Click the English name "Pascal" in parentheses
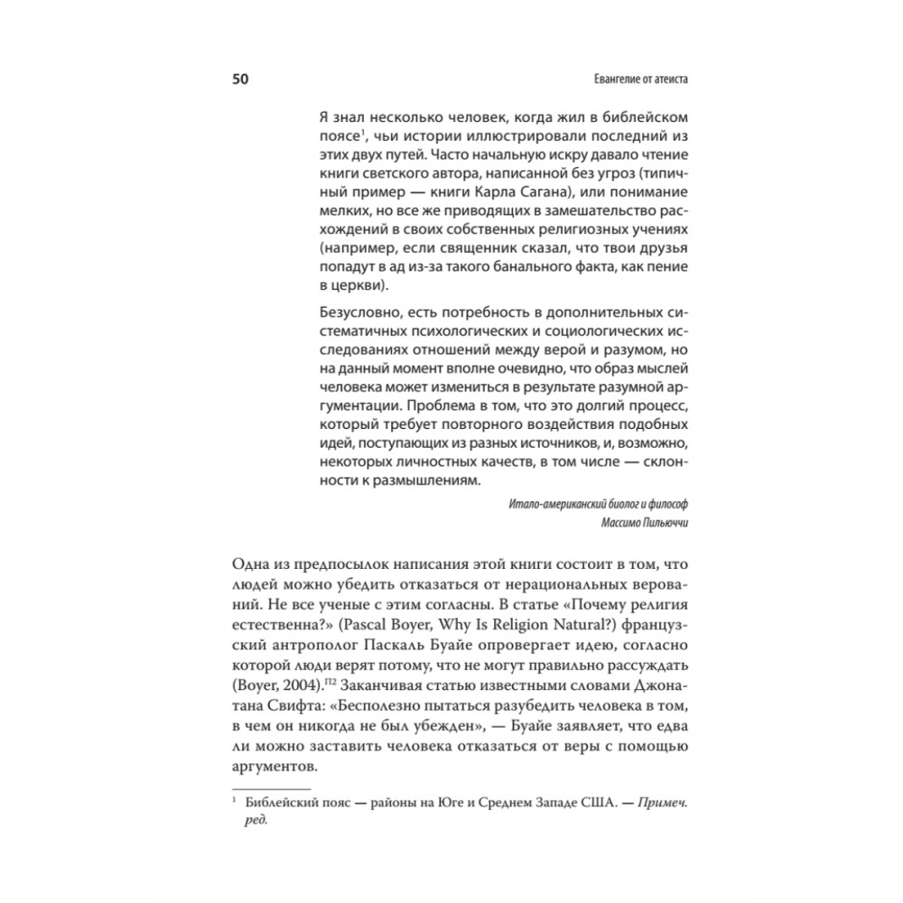[393, 623]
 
